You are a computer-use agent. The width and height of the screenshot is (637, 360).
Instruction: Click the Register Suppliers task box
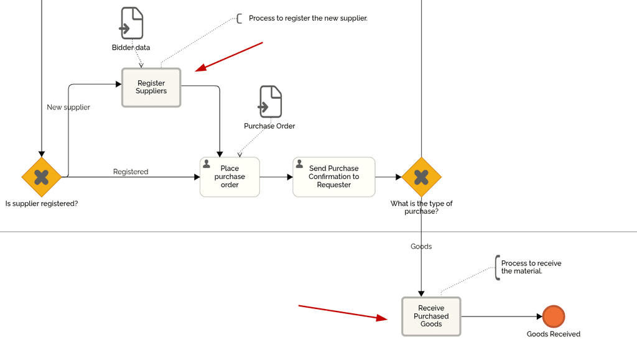[151, 87]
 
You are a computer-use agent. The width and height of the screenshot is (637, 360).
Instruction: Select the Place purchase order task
[230, 177]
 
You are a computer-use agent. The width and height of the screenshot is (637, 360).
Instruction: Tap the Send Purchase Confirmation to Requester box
[334, 177]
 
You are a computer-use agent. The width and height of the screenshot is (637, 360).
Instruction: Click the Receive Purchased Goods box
[431, 316]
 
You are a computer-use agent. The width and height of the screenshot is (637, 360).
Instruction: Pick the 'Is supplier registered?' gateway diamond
[42, 177]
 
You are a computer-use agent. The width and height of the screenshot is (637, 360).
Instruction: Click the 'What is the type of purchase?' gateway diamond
[421, 177]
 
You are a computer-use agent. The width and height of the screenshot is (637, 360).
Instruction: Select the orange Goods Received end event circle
[553, 316]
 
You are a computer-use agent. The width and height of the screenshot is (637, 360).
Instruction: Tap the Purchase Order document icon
[270, 102]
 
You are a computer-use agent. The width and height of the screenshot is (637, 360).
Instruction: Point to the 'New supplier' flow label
[68, 108]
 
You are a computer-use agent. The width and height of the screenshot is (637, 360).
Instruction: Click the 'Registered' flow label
[131, 172]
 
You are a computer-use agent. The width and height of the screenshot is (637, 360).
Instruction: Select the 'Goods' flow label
[421, 247]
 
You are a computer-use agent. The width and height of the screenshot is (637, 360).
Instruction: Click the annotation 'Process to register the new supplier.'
[308, 19]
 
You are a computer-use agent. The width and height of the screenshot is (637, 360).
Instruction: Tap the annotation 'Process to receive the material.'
[531, 267]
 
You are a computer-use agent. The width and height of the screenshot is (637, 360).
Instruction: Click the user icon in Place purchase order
[207, 164]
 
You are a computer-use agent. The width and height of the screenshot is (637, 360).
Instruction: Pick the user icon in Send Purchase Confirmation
[299, 164]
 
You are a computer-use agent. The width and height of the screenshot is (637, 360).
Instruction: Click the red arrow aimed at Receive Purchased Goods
[342, 312]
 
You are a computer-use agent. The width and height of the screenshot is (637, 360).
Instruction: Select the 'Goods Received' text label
[553, 335]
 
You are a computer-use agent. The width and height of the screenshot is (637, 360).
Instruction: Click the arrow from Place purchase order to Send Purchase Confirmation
[276, 177]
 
